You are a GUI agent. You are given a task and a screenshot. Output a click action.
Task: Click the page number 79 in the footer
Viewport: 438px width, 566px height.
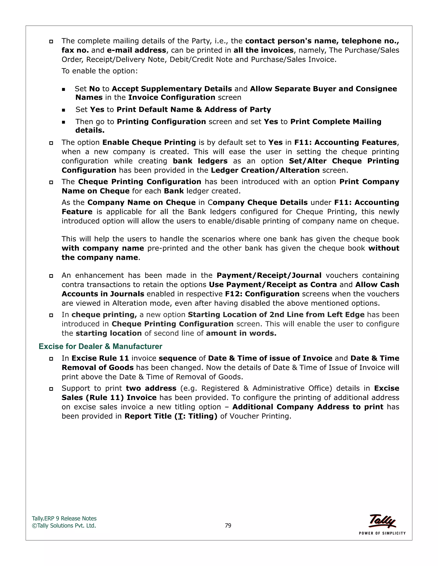(x=228, y=526)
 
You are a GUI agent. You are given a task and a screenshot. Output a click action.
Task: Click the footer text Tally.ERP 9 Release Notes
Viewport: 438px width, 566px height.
(x=64, y=519)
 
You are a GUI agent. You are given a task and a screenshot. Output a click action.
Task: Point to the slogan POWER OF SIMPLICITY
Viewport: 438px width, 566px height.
(x=382, y=533)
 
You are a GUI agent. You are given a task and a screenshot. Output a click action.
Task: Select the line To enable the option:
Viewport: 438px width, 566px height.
(x=99, y=71)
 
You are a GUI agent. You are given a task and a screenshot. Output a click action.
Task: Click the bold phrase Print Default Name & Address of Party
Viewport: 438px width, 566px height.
(x=194, y=110)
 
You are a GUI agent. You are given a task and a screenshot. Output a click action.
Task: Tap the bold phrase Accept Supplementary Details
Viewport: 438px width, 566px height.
(x=172, y=89)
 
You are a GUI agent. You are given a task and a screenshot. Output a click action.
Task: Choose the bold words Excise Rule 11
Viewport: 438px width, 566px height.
(x=100, y=358)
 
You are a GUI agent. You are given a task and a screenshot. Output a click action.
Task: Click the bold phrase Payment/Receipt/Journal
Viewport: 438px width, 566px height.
(x=269, y=276)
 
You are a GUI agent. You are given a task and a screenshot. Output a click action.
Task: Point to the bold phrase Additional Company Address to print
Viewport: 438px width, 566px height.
(x=308, y=407)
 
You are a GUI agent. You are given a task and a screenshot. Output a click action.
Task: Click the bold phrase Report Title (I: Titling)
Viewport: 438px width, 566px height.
(x=171, y=416)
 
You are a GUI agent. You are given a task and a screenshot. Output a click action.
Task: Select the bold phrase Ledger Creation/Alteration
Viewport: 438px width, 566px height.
(x=265, y=170)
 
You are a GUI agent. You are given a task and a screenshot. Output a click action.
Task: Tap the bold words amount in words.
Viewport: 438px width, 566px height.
(x=241, y=333)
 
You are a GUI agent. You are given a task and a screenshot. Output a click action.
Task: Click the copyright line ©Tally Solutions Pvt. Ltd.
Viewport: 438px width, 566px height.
(x=64, y=526)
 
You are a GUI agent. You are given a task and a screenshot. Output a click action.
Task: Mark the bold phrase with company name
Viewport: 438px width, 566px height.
(x=103, y=248)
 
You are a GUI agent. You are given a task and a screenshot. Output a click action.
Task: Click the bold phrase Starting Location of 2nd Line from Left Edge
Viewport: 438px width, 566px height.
(x=276, y=315)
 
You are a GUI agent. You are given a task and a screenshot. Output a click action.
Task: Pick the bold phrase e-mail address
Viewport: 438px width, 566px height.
(x=136, y=50)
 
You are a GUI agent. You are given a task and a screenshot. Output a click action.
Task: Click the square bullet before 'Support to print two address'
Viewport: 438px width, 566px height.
(x=51, y=389)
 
